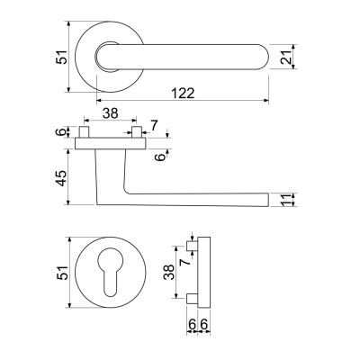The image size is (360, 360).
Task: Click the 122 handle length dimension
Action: coord(183,94)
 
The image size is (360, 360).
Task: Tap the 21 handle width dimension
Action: coord(286,57)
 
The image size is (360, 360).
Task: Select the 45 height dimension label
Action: coord(62,178)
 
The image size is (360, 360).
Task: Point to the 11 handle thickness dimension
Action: coord(286,201)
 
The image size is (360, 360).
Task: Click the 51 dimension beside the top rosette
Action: coord(62,57)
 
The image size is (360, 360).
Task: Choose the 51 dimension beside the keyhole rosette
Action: coord(62,273)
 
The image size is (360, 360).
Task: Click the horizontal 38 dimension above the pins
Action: coord(111,113)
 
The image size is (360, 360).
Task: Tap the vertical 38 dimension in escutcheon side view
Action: coord(169,272)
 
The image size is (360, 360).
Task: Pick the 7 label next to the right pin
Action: coord(154,125)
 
